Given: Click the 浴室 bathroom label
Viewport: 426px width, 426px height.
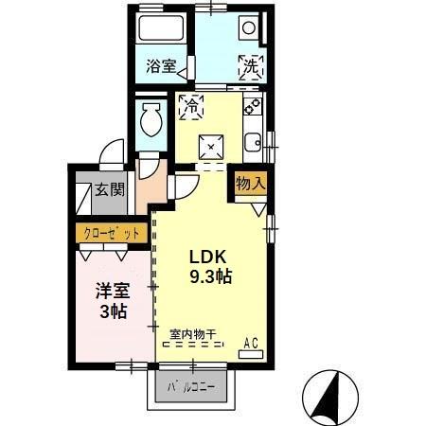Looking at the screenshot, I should (x=161, y=66).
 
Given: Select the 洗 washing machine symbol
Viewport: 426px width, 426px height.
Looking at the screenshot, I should (x=250, y=67).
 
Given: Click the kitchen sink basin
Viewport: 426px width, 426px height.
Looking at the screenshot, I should (x=252, y=144).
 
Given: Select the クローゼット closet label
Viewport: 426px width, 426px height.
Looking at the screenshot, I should (x=109, y=232).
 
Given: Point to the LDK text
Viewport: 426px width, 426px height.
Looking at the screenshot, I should (x=209, y=257).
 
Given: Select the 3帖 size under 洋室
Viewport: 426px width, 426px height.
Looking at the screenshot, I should (x=113, y=311).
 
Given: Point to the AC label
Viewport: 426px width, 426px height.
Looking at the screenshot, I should (x=253, y=342).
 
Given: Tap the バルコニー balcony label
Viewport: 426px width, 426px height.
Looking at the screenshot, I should (x=192, y=387).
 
